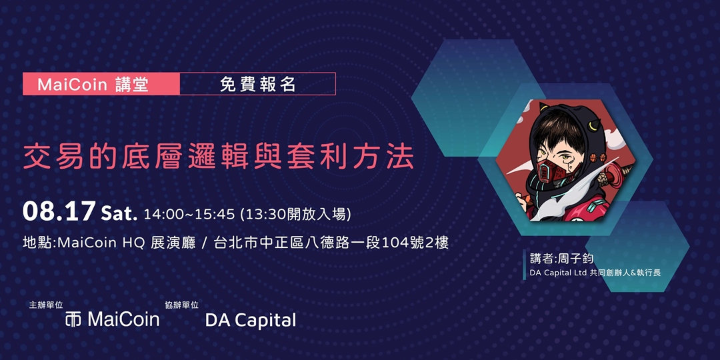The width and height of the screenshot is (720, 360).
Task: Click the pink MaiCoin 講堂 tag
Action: click(x=101, y=85)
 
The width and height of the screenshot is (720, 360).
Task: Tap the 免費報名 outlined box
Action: click(x=257, y=85)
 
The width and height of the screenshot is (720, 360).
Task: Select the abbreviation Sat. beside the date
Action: click(x=119, y=214)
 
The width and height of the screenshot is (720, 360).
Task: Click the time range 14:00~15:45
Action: click(x=189, y=215)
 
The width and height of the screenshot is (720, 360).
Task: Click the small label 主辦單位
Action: click(x=46, y=305)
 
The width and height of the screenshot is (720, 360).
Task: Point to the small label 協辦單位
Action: click(x=182, y=305)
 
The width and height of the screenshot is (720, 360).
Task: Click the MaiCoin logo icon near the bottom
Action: click(x=73, y=319)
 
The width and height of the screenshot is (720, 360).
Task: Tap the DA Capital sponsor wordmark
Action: click(x=250, y=320)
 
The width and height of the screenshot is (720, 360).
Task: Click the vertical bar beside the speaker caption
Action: click(x=524, y=265)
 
